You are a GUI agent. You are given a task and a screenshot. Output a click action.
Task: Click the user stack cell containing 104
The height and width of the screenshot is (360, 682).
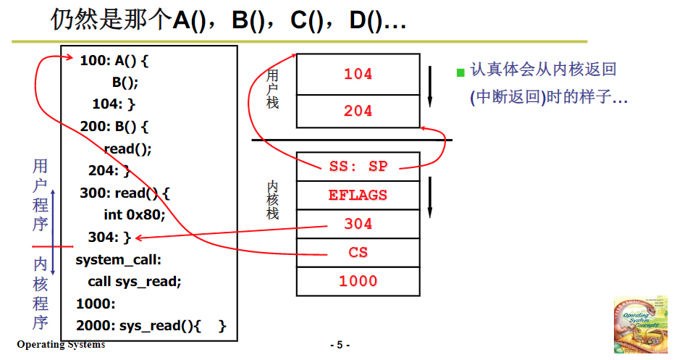358,74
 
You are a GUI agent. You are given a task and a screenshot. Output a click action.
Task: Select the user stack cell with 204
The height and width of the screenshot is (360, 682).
358,111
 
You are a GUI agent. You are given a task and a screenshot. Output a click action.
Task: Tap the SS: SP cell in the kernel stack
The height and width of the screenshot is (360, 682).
358,166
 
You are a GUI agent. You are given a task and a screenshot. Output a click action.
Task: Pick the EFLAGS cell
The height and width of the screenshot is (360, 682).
358,195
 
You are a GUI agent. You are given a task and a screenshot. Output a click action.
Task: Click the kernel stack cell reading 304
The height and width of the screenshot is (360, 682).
358,224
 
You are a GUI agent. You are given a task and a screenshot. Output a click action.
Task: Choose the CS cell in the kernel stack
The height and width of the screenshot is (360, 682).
358,252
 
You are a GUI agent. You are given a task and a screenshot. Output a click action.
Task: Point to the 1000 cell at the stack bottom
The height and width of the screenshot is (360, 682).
358,281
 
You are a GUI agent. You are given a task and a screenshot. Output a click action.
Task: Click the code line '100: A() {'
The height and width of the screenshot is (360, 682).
114,61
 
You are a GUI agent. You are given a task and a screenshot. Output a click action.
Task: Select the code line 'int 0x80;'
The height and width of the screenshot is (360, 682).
135,214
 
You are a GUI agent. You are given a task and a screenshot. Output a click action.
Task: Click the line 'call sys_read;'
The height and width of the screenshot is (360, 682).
134,281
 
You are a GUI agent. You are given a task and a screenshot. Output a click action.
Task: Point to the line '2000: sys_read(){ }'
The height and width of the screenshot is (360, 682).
151,326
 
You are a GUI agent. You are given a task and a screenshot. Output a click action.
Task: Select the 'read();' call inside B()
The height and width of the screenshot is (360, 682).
127,149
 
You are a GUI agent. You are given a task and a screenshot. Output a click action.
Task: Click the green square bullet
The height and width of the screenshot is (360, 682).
460,72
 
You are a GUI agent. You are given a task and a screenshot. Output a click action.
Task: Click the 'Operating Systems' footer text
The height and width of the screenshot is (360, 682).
61,345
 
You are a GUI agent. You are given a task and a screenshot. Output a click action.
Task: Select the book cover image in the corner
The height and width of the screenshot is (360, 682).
640,324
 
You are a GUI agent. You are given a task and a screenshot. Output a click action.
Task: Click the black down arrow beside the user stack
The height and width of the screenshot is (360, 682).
430,85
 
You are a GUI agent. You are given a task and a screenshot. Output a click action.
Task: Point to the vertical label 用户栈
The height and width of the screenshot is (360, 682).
272,88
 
